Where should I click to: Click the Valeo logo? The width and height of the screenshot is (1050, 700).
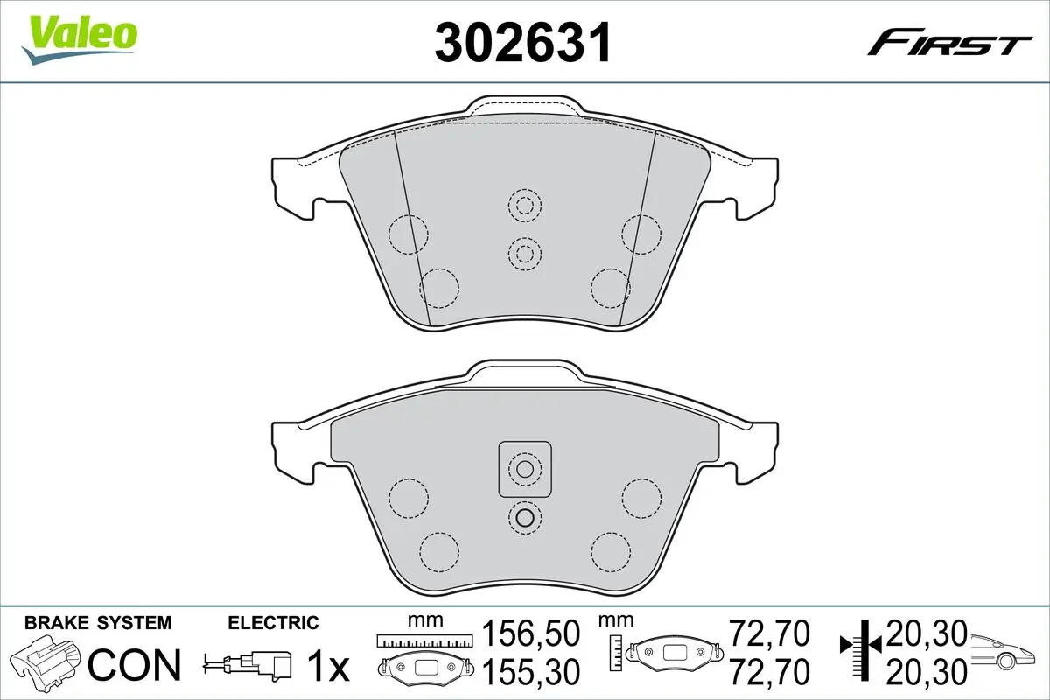tap(80, 39)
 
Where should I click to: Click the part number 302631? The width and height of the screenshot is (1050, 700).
tap(523, 42)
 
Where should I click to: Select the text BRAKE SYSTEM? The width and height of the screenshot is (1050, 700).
tap(98, 623)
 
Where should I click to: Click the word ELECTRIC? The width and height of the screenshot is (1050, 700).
tap(273, 623)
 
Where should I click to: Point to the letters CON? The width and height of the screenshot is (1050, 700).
tap(135, 665)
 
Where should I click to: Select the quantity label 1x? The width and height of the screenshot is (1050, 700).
tap(328, 666)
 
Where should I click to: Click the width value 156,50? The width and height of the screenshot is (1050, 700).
tap(531, 633)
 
